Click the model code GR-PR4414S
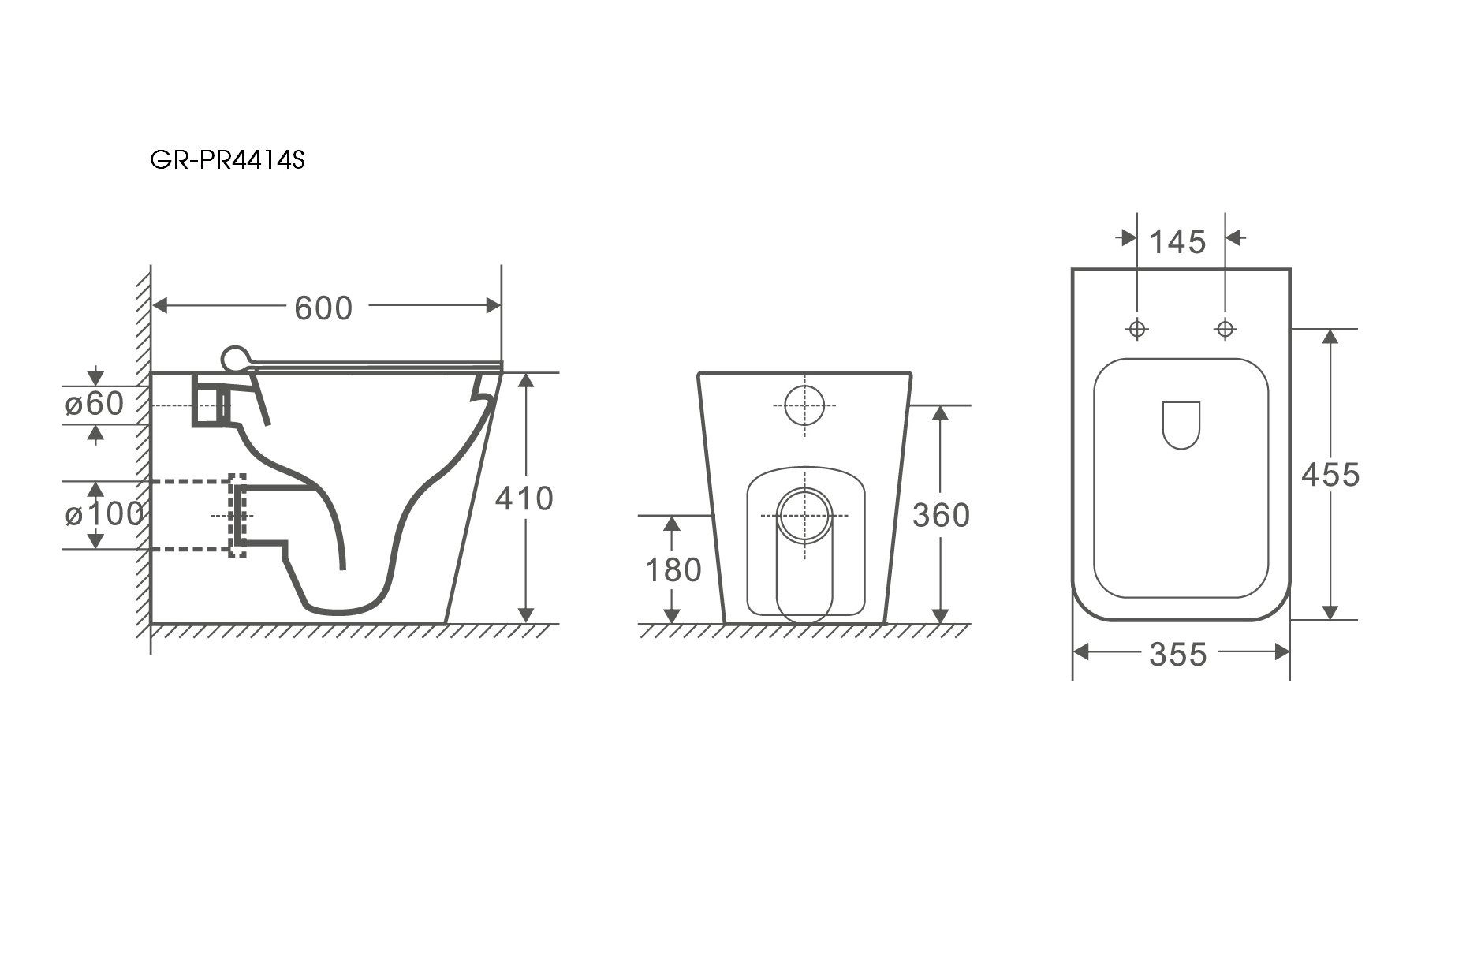(x=227, y=161)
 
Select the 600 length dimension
(x=323, y=308)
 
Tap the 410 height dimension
(x=524, y=498)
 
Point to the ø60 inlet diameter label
(x=95, y=404)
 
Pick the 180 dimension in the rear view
(x=673, y=569)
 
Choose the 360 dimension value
(x=940, y=515)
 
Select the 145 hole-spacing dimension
(x=1177, y=242)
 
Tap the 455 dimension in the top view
(x=1330, y=475)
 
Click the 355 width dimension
(x=1177, y=654)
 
